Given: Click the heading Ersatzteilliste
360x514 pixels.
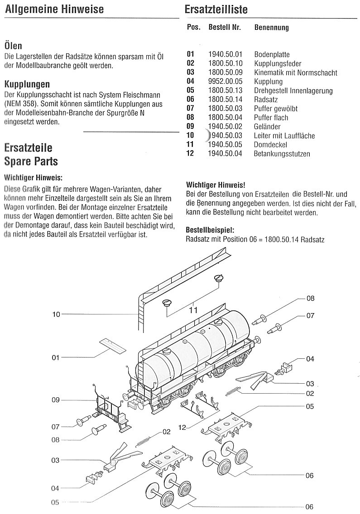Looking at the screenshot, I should pos(216,10).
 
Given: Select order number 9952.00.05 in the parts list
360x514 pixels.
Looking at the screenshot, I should pos(226,82).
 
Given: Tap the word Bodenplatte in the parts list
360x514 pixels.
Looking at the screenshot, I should pos(272,55).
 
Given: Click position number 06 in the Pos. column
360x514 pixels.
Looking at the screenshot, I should pos(190,100).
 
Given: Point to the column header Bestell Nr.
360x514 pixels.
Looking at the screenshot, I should pos(225,28).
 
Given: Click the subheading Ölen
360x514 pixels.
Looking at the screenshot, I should pos(13,46).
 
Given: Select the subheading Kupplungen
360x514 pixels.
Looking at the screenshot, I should pos(27,85).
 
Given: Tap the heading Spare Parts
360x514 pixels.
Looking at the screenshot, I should pos(31,161).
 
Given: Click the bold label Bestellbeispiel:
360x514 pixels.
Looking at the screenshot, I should pos(210,230).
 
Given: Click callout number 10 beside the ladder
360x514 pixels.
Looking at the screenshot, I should pos(56,314).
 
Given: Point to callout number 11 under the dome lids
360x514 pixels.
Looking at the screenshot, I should pos(193,310).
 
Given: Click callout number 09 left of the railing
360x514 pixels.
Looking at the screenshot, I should pos(56,400).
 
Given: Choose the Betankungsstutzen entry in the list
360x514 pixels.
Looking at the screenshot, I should pos(282,154).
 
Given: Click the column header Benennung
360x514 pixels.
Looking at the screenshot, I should pos(271,28).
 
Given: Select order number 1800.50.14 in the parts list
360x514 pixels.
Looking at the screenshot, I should pos(226,100).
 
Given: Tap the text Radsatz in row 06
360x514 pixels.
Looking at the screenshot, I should pos(266,100).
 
